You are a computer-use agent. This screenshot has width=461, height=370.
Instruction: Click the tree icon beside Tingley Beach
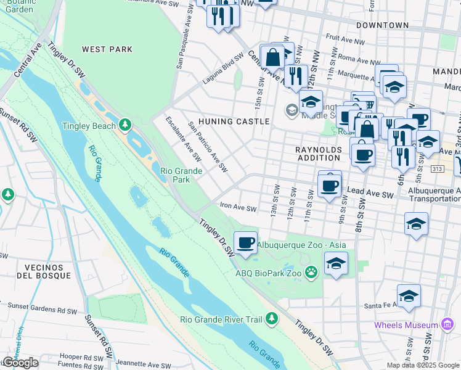(126, 126)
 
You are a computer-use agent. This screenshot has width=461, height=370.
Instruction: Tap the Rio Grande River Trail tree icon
(271, 319)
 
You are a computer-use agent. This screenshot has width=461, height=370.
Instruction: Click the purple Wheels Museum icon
(447, 325)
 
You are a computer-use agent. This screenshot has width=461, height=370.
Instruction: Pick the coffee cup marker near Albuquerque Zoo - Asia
(245, 242)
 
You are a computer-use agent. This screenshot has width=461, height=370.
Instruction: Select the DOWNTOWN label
(382, 25)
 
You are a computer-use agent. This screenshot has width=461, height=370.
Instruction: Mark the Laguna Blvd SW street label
(223, 69)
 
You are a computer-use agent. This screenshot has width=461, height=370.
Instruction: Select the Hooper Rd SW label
(80, 356)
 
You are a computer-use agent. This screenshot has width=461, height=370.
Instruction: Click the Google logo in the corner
(20, 363)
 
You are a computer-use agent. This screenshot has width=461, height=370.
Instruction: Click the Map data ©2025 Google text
(423, 365)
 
